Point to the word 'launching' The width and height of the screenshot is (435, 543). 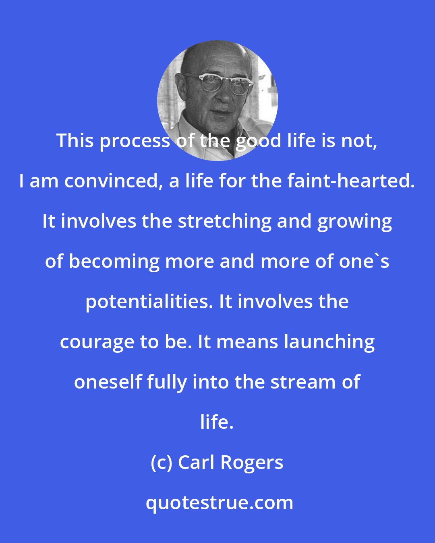pyautogui.click(x=329, y=342)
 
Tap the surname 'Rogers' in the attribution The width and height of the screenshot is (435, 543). pyautogui.click(x=252, y=463)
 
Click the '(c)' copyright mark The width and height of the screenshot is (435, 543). pyautogui.click(x=161, y=463)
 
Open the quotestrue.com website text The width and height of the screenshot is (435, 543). pyautogui.click(x=219, y=503)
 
